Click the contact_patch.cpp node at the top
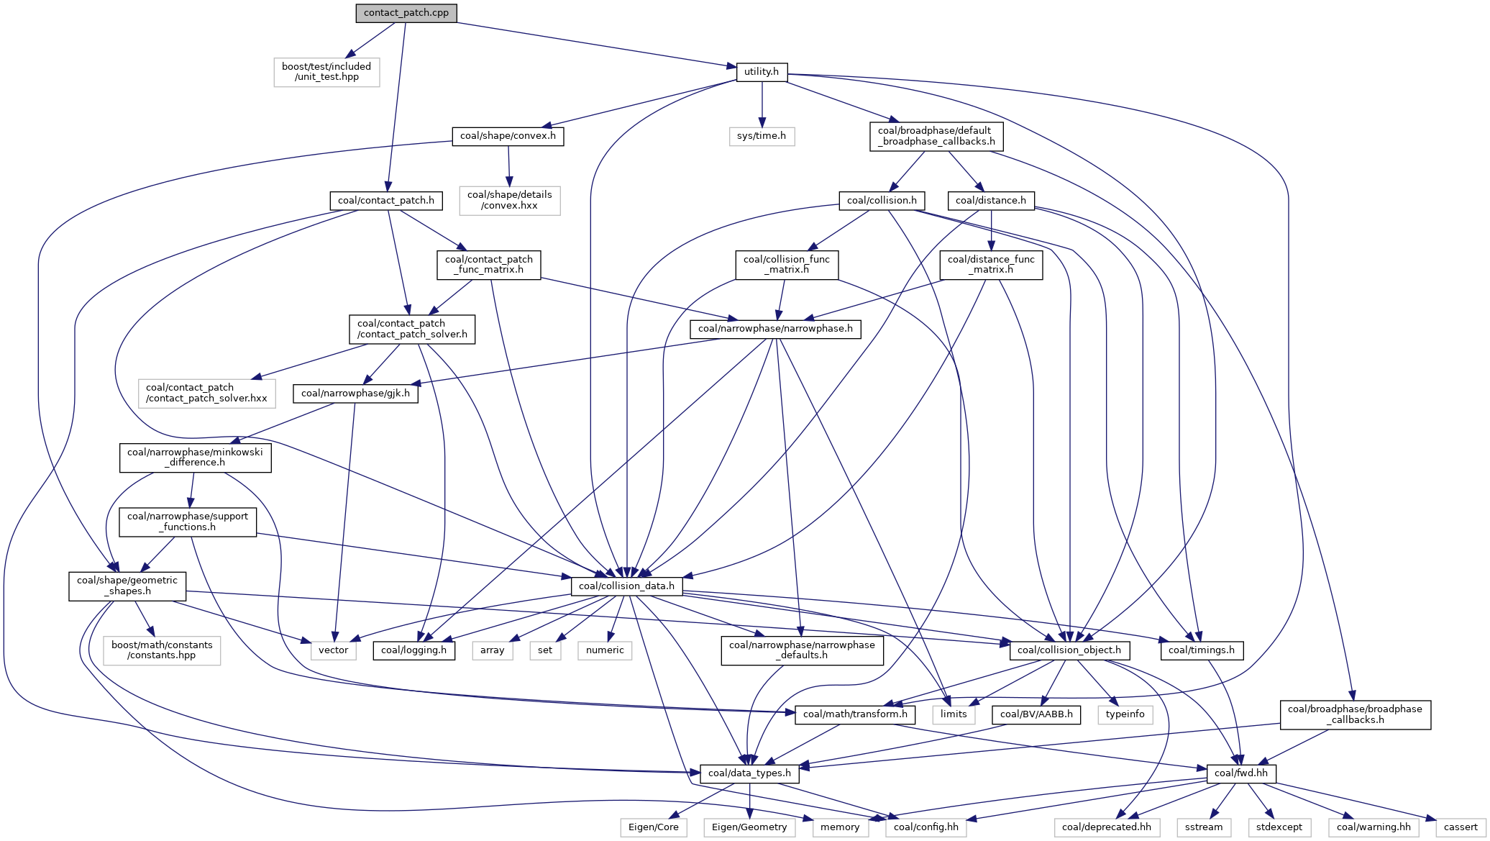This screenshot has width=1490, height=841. click(406, 13)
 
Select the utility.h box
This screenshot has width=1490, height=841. click(762, 72)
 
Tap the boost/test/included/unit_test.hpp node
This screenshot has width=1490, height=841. click(326, 72)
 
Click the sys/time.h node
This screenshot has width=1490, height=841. click(762, 136)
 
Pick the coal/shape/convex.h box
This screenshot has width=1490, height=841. click(508, 136)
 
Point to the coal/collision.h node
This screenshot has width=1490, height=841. click(882, 201)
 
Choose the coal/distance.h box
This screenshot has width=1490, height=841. click(991, 201)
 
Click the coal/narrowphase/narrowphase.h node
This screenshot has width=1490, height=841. click(775, 329)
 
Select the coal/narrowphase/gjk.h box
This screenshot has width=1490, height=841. click(355, 394)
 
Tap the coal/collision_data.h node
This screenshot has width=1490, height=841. click(626, 586)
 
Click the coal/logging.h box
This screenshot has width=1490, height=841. click(413, 650)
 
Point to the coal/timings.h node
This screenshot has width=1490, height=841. click(1202, 650)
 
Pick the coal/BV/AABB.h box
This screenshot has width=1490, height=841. click(1036, 714)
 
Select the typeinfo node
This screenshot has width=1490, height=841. click(1125, 714)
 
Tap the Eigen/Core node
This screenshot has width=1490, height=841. click(653, 827)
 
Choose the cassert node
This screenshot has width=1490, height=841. click(1461, 827)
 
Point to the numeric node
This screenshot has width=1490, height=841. click(605, 650)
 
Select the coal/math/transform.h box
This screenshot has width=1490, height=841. click(855, 714)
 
